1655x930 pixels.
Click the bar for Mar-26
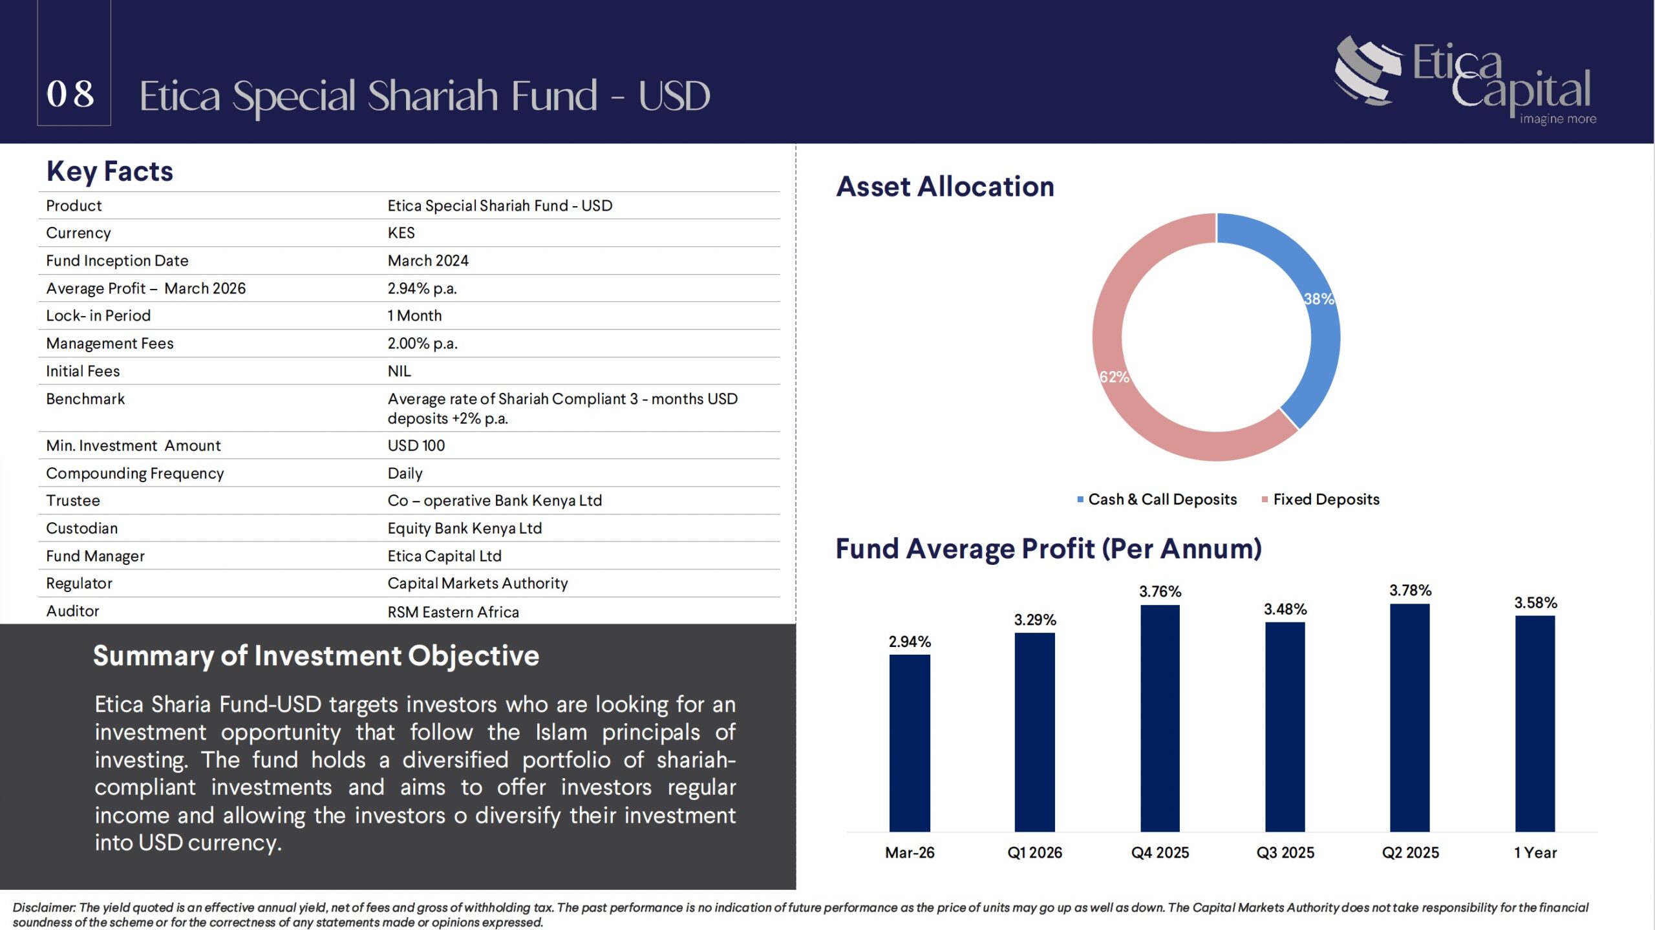(910, 743)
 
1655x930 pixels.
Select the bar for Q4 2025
(1160, 718)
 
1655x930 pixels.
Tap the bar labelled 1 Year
(1535, 724)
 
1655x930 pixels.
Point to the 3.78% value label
(1410, 590)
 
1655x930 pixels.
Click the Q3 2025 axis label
(1285, 852)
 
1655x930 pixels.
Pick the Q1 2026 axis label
(1034, 852)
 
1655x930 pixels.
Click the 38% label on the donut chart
(1319, 299)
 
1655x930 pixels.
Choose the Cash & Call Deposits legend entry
(1157, 499)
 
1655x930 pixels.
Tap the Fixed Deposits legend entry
(1320, 499)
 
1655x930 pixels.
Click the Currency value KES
(401, 233)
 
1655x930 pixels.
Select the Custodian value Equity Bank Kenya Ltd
(464, 528)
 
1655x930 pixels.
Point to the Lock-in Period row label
(98, 315)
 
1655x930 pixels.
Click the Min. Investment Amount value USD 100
(416, 445)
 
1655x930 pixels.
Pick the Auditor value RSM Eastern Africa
(453, 611)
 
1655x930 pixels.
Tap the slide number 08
(70, 94)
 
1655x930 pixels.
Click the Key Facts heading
(110, 171)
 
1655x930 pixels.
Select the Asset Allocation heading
(945, 186)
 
